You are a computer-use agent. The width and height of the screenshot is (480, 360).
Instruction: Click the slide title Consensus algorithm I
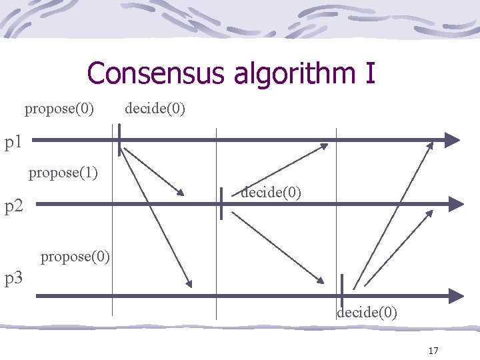[231, 73]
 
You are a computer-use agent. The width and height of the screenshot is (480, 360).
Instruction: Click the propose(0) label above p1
[59, 107]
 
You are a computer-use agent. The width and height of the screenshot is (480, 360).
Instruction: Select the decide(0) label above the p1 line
[155, 107]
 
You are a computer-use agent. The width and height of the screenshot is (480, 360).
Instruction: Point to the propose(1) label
[63, 173]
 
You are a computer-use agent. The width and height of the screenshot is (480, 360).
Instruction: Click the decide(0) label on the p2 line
[271, 193]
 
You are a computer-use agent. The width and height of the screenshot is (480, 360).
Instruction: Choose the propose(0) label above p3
[75, 256]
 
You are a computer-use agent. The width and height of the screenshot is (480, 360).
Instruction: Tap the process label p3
[13, 277]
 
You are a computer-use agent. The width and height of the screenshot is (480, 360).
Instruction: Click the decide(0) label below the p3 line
[367, 312]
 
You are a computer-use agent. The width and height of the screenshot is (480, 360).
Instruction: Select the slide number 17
[433, 351]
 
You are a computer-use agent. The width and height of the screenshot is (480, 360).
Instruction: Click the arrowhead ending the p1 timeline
[452, 140]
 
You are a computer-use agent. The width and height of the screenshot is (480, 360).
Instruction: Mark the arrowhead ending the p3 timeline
[455, 295]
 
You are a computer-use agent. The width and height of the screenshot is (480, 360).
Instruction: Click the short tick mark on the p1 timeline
[119, 141]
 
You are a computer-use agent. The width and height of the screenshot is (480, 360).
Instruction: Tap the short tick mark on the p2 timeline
[221, 203]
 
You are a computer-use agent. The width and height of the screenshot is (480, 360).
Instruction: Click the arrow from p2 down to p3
[277, 247]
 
